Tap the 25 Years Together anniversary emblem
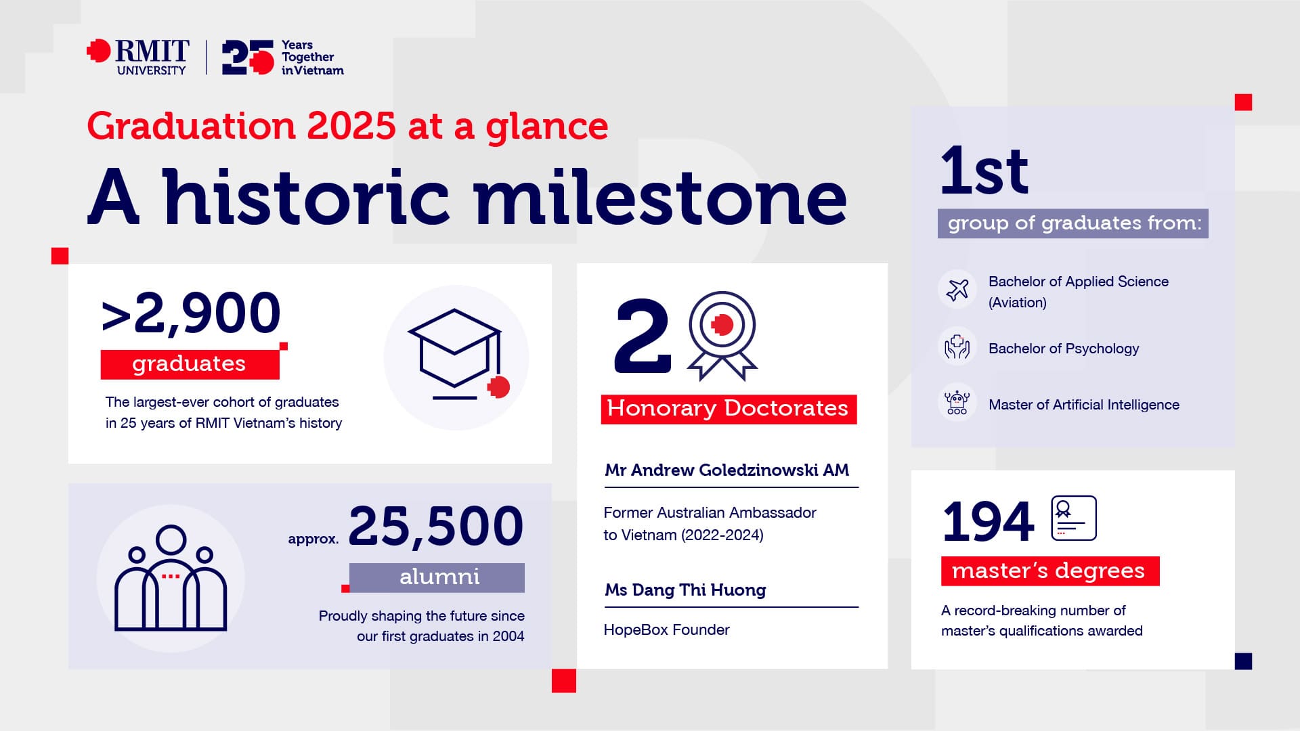click(282, 58)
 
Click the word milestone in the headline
click(659, 198)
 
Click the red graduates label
click(190, 364)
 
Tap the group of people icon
click(171, 579)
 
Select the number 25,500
click(436, 526)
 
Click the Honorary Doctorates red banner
click(728, 409)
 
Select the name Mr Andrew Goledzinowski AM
click(727, 470)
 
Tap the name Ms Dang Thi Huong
click(685, 590)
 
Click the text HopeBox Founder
click(666, 629)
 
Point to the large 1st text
click(984, 171)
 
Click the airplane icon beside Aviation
click(957, 290)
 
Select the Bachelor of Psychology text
click(1063, 349)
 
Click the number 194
click(988, 522)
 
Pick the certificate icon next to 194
click(1073, 518)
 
